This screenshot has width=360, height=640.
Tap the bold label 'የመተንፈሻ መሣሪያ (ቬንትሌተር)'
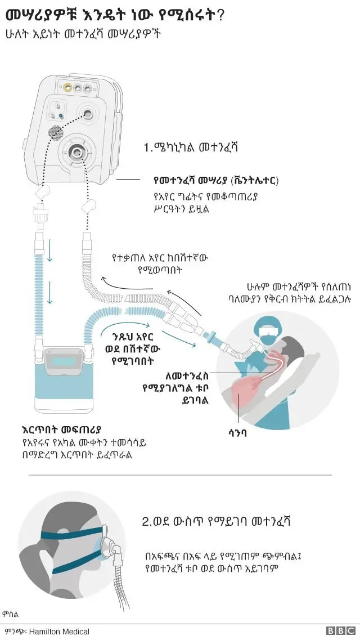click(x=216, y=181)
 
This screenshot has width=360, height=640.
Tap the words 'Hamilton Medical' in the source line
click(x=59, y=632)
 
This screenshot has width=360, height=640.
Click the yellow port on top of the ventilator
click(x=67, y=87)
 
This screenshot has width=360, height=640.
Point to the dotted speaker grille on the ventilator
click(x=55, y=133)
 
